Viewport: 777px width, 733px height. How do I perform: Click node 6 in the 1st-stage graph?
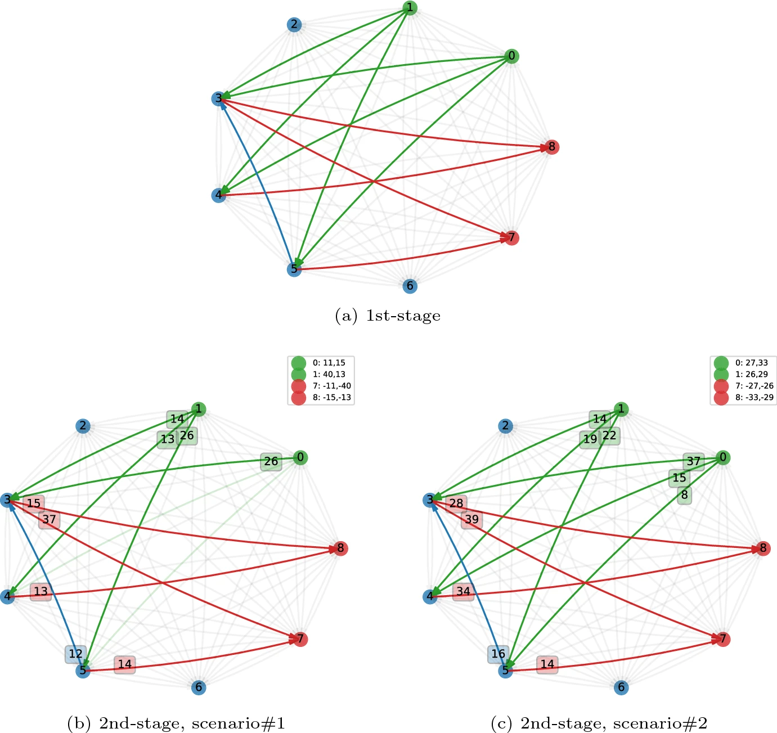coord(410,286)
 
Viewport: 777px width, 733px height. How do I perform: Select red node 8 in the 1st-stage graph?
coord(552,147)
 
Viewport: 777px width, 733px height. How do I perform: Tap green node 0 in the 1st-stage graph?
coord(511,56)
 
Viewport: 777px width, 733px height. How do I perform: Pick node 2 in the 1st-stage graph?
coord(294,24)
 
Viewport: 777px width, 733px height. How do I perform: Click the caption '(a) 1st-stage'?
coord(388,316)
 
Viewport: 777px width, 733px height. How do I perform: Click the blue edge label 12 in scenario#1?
coord(75,654)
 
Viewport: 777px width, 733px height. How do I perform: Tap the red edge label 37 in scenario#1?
coord(49,519)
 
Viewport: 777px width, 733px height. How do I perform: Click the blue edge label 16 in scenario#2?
coord(498,654)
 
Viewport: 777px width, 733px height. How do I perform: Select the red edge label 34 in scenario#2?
coord(463,592)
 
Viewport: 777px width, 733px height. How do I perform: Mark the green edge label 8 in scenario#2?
coord(684,495)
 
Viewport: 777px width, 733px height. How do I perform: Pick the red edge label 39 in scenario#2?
coord(471,519)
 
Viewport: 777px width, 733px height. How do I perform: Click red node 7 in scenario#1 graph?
coord(300,639)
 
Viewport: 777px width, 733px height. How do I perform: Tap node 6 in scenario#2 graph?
coord(621,687)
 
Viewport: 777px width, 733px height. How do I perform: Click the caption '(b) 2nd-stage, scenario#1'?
coord(176,723)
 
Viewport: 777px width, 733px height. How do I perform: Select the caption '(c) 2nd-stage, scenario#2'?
coord(599,723)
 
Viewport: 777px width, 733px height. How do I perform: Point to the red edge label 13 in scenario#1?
coord(41,592)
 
